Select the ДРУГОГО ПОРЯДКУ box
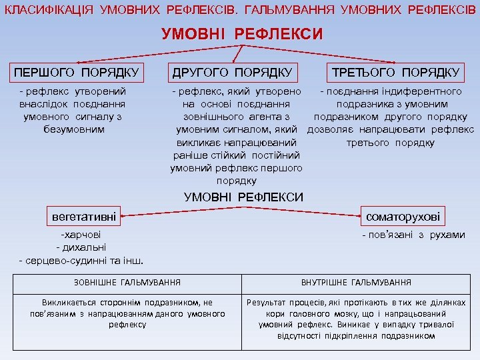[x=232, y=71]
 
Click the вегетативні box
[x=84, y=217]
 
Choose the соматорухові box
[x=404, y=217]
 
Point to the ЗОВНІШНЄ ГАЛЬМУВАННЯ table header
[x=127, y=283]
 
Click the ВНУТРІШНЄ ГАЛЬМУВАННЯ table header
[x=356, y=283]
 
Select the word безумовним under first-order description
[x=73, y=129]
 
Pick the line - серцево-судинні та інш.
[x=82, y=260]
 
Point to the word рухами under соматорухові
[x=447, y=235]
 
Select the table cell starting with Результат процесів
[x=356, y=319]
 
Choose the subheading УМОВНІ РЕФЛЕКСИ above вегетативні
[x=243, y=197]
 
